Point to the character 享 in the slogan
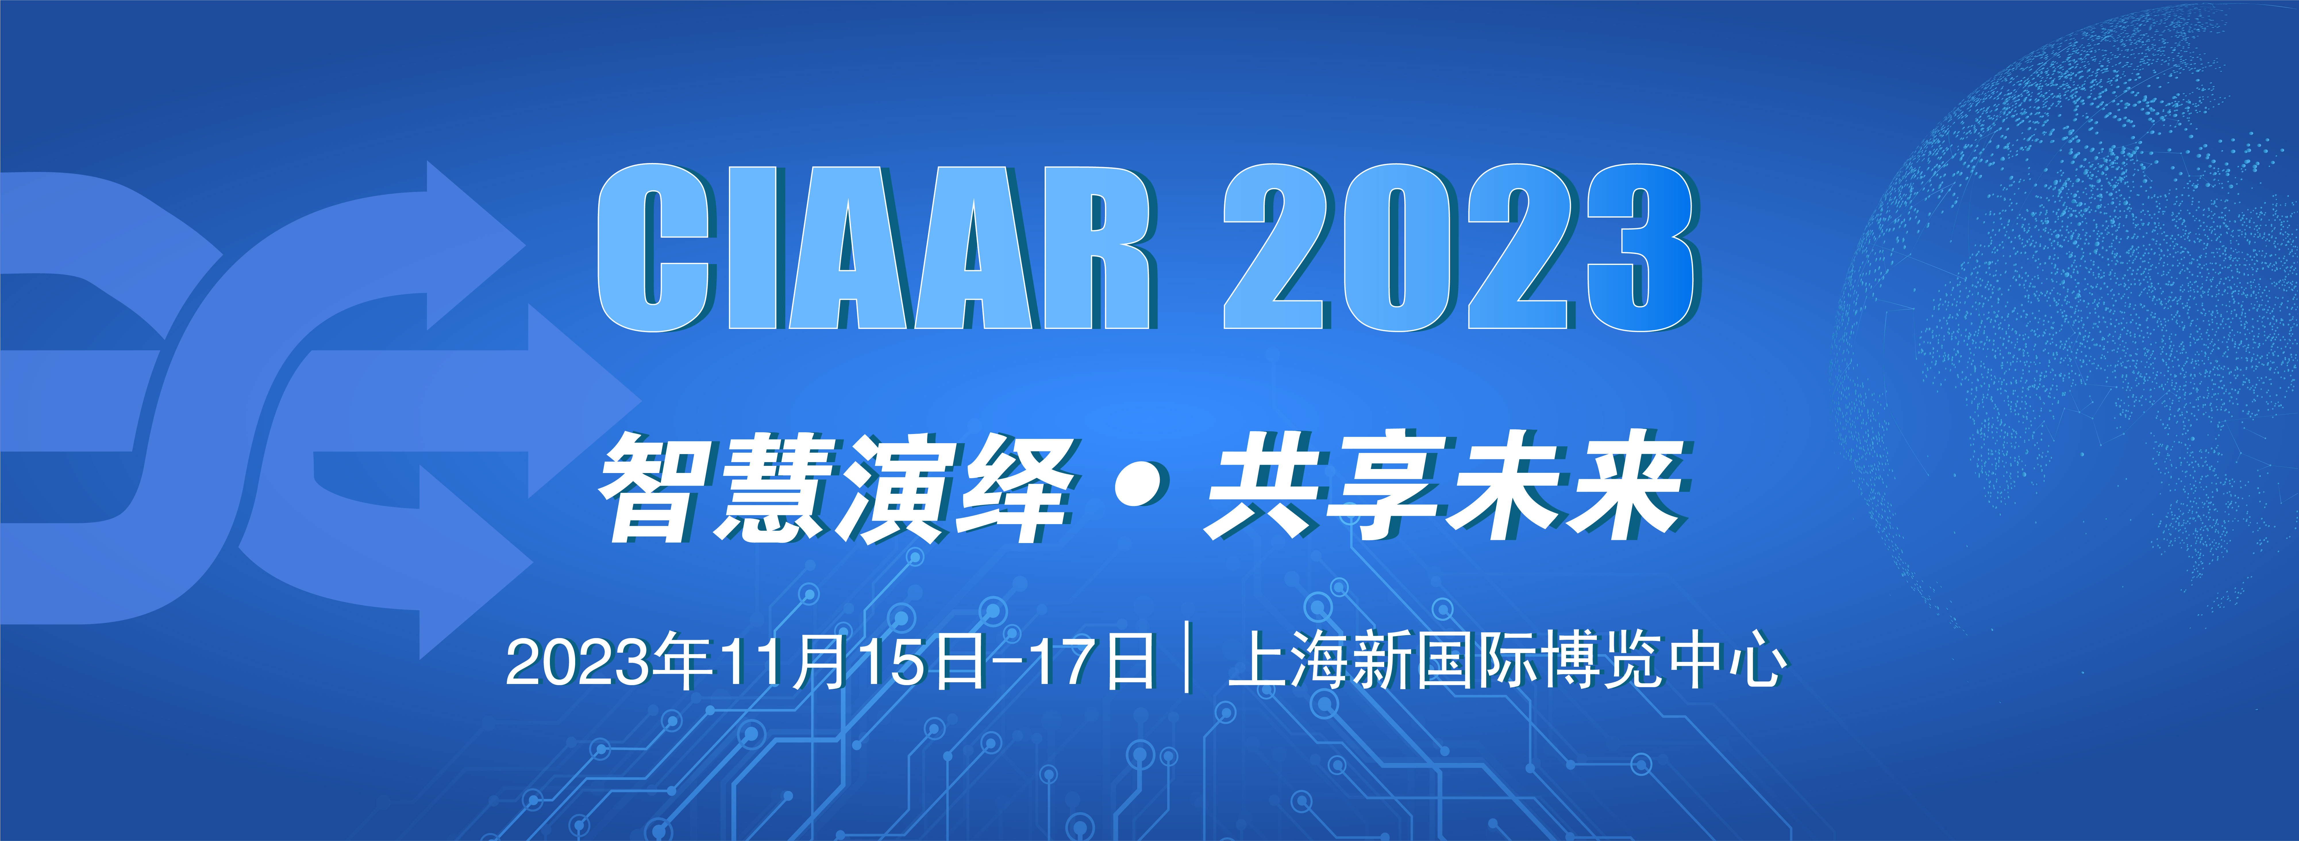(1388, 486)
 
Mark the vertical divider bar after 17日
(1187, 658)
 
